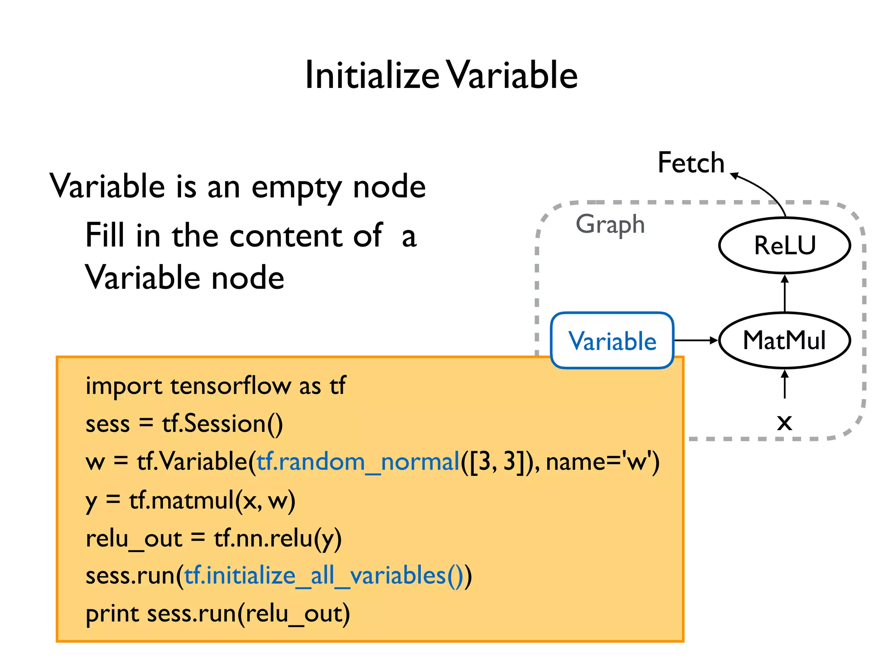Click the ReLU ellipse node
(784, 246)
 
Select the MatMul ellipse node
(784, 340)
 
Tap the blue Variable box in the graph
(612, 341)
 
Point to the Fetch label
(691, 163)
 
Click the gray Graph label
(610, 225)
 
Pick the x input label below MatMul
(784, 422)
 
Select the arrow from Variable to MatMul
(695, 340)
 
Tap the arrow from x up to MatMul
(785, 384)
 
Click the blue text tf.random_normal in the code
(358, 462)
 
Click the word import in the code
(124, 386)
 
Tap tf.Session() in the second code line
(222, 424)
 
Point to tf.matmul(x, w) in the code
(212, 501)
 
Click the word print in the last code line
(112, 614)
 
